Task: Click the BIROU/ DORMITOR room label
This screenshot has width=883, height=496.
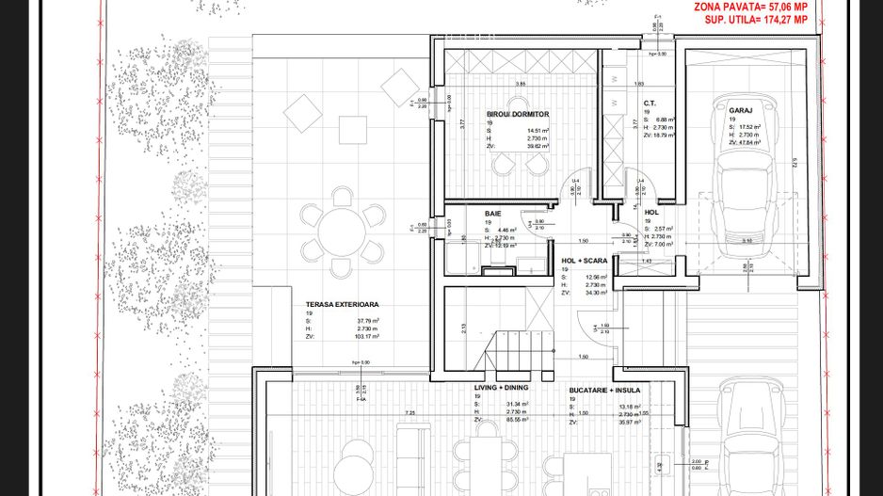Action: click(518, 114)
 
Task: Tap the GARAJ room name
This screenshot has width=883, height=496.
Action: click(739, 110)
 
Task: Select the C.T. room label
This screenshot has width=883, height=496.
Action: click(650, 103)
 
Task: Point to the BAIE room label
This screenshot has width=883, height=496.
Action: click(493, 214)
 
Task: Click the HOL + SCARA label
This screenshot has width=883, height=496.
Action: click(583, 260)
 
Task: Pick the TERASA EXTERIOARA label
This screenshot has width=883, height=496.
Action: click(342, 305)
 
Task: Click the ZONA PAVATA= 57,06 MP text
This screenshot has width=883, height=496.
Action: click(751, 6)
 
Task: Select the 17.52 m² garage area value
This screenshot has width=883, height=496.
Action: click(750, 127)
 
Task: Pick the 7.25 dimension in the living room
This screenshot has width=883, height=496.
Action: click(409, 413)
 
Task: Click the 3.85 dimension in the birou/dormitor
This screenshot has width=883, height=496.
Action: click(520, 84)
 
